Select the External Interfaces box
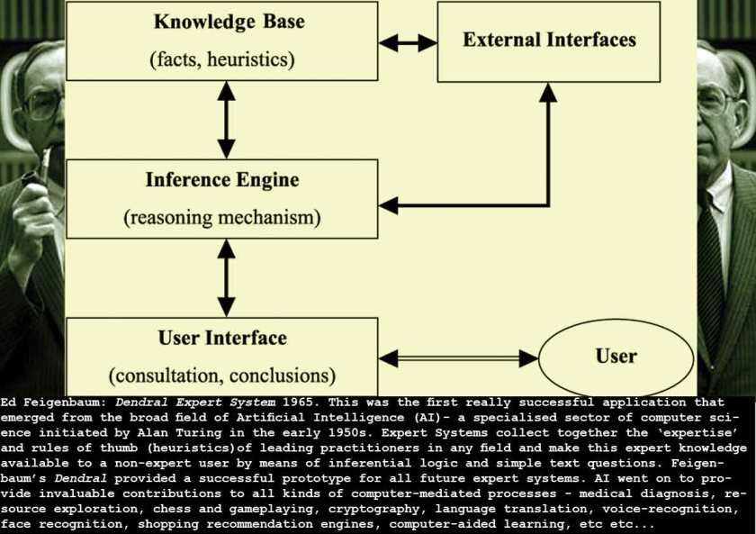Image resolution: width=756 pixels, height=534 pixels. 549,41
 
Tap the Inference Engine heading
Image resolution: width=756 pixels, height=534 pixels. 222,180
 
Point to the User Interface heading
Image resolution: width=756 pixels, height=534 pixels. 222,339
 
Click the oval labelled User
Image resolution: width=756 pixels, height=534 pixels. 616,357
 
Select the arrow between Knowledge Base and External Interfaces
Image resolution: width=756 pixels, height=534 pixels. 408,41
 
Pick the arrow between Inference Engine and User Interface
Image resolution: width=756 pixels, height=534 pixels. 221,278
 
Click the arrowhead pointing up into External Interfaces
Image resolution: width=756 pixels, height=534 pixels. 548,92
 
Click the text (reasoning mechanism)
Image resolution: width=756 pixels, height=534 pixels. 222,217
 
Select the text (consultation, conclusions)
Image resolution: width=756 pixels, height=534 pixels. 222,375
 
